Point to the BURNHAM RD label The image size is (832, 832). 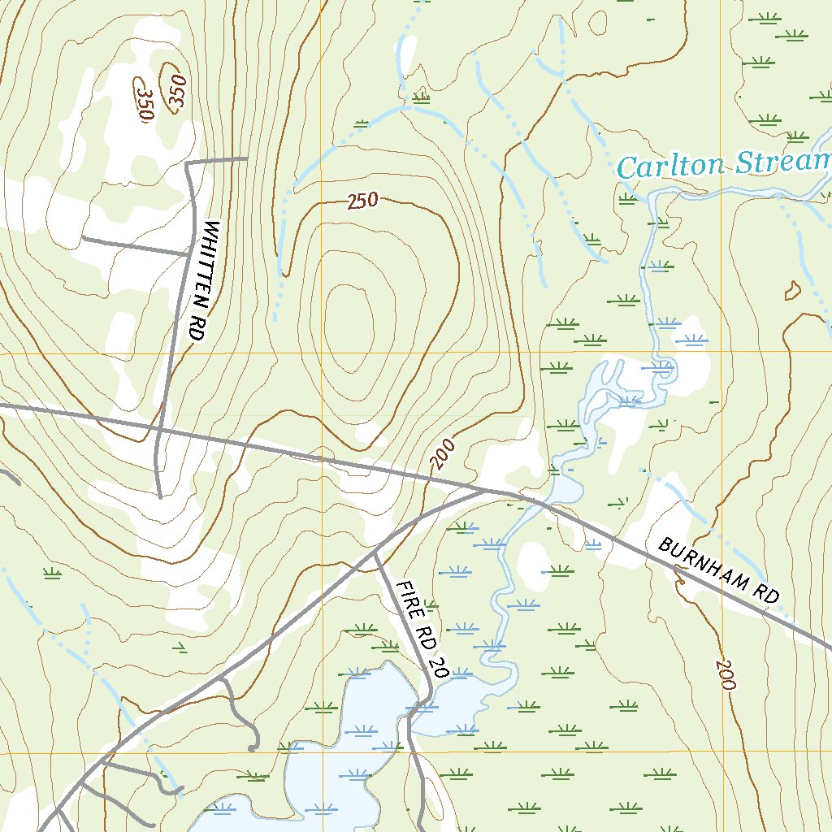(718, 570)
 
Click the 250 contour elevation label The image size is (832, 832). (363, 200)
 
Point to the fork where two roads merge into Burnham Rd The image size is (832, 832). (486, 490)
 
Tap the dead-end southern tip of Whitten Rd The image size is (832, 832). (160, 496)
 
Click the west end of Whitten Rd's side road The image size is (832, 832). (83, 239)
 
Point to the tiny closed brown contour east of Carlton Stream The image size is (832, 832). (792, 289)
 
